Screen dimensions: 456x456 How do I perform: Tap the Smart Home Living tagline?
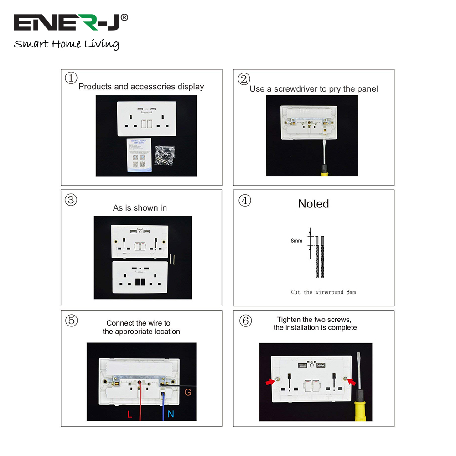(x=66, y=44)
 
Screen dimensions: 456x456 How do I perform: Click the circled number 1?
(x=71, y=78)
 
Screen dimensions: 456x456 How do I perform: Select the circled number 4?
(x=245, y=200)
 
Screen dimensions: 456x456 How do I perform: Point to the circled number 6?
(x=245, y=321)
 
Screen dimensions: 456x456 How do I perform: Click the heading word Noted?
(x=313, y=204)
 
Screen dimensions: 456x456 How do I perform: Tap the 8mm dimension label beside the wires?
(x=296, y=240)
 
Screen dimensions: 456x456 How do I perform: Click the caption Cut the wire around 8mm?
(x=323, y=292)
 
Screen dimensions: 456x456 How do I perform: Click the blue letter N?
(x=171, y=414)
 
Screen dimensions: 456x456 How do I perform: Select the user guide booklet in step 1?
(x=138, y=155)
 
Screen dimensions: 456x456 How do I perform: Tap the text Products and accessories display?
(x=141, y=87)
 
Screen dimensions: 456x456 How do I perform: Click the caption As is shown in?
(x=140, y=208)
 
